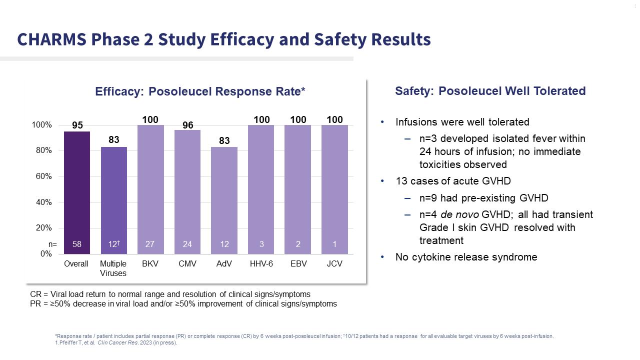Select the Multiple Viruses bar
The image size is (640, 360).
pyautogui.click(x=114, y=200)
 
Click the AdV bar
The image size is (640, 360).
pyautogui.click(x=224, y=200)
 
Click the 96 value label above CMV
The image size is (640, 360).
pyautogui.click(x=187, y=125)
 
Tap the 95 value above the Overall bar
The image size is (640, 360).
pyautogui.click(x=77, y=125)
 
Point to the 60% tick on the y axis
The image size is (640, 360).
pyautogui.click(x=42, y=176)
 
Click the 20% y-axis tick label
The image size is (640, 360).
pyautogui.click(x=42, y=228)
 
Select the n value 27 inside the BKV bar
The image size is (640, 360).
pyautogui.click(x=150, y=244)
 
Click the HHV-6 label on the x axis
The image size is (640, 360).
pyautogui.click(x=261, y=263)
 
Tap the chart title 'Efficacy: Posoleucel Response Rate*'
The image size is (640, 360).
pyautogui.click(x=200, y=92)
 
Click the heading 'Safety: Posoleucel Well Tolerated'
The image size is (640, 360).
pyautogui.click(x=490, y=91)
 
